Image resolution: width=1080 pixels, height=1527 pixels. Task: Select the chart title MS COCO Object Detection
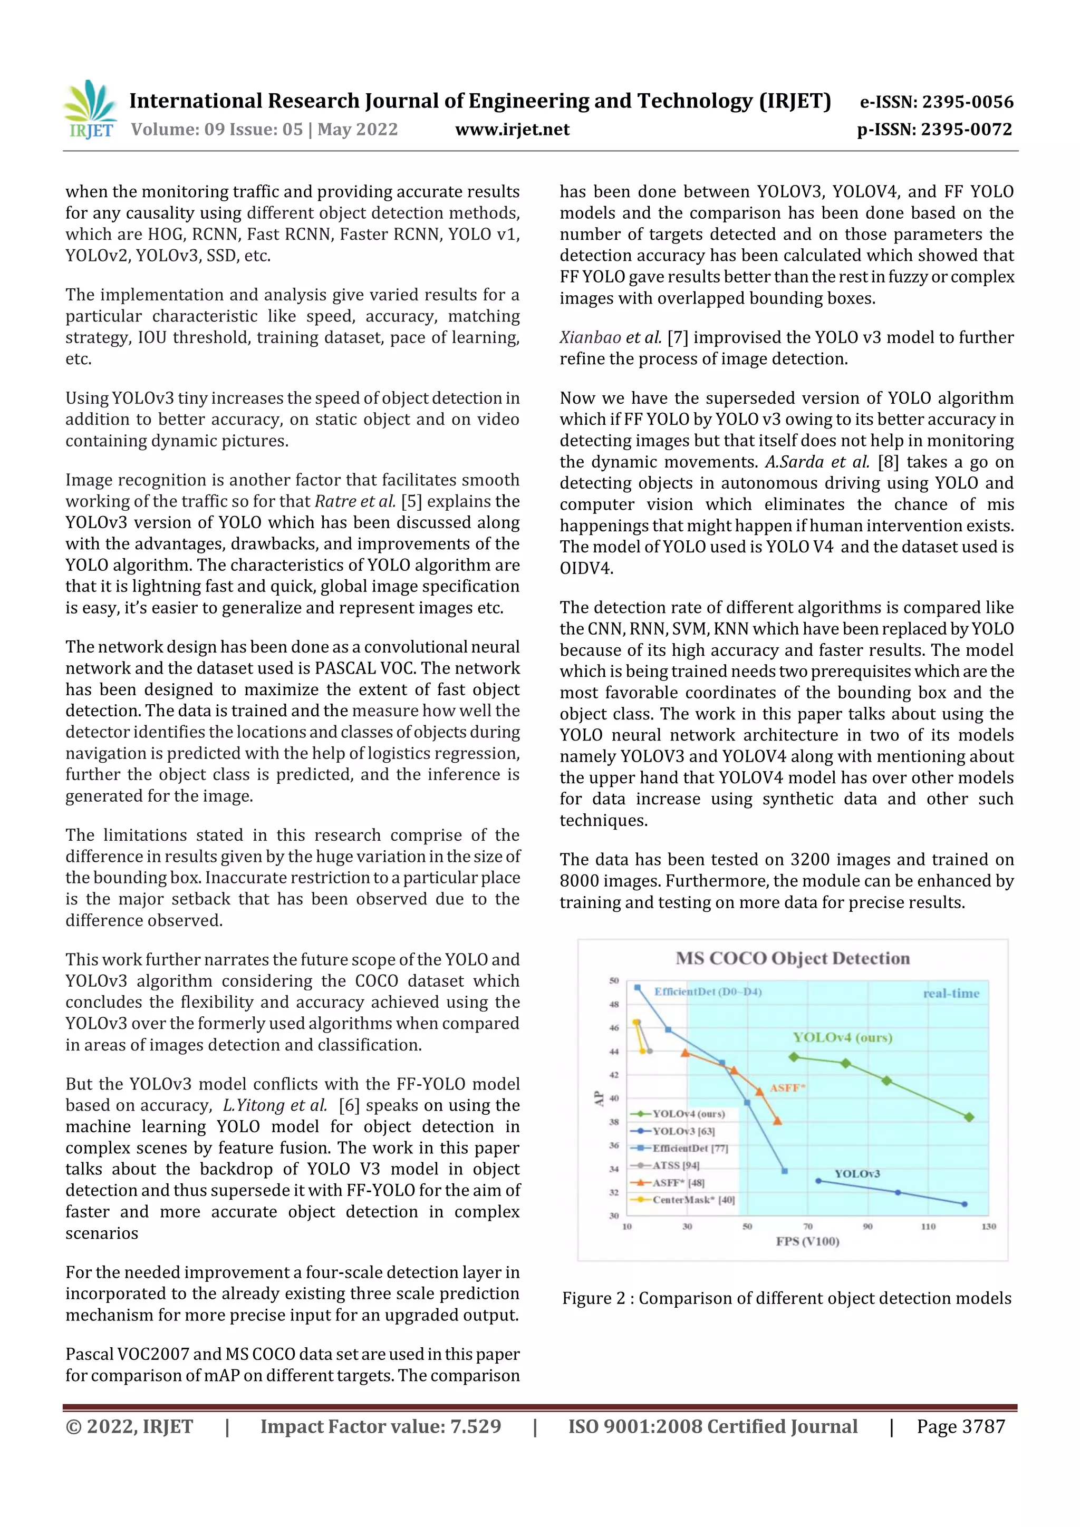click(792, 958)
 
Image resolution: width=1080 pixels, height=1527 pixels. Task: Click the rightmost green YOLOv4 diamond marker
click(969, 1117)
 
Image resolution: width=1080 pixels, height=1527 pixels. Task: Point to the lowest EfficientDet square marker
click(785, 1171)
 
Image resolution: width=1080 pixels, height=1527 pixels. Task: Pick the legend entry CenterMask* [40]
click(692, 1200)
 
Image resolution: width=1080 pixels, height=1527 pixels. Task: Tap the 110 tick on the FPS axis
click(928, 1227)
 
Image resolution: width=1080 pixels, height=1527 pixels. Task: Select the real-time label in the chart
click(951, 994)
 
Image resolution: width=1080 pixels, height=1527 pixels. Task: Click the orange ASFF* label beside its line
click(787, 1088)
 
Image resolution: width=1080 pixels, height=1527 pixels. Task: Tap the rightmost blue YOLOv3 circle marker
click(964, 1204)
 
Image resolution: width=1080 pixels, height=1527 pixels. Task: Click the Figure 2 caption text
click(787, 1298)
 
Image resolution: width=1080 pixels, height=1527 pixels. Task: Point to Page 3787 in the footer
click(960, 1426)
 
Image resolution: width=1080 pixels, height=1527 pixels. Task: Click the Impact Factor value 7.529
click(475, 1426)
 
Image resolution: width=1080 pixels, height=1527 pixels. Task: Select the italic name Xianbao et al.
click(610, 337)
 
